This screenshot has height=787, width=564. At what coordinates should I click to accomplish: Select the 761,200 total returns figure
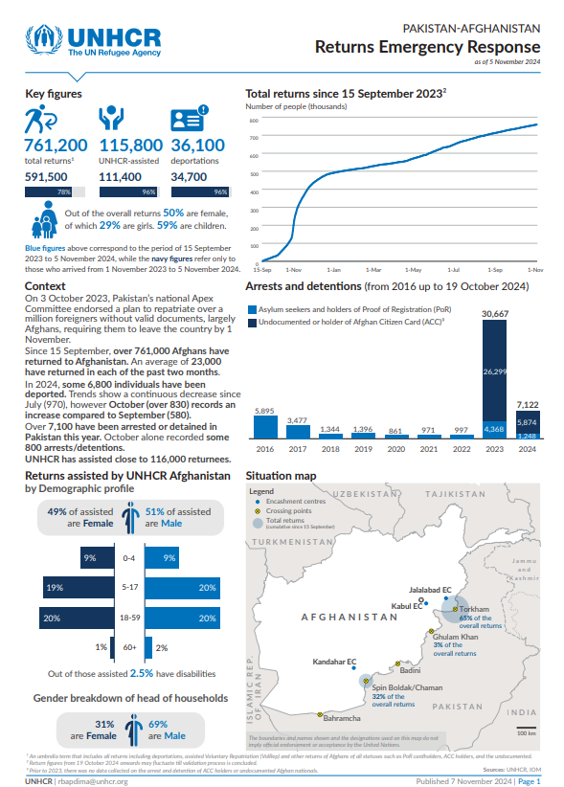coord(56,146)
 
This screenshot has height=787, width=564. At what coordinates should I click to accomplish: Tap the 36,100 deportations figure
coord(197,146)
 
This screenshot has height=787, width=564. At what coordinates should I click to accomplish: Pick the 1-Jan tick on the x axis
coord(335,270)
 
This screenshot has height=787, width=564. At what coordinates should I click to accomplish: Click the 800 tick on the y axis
coord(254,121)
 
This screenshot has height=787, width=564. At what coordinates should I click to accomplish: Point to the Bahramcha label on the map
coord(342,718)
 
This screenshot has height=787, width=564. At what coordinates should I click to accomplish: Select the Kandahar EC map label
coord(335,663)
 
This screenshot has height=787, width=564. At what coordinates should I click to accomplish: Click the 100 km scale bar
coord(526,730)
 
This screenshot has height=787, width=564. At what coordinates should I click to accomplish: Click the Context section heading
coord(45,286)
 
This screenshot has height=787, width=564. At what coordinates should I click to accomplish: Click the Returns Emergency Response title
coord(427,47)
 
